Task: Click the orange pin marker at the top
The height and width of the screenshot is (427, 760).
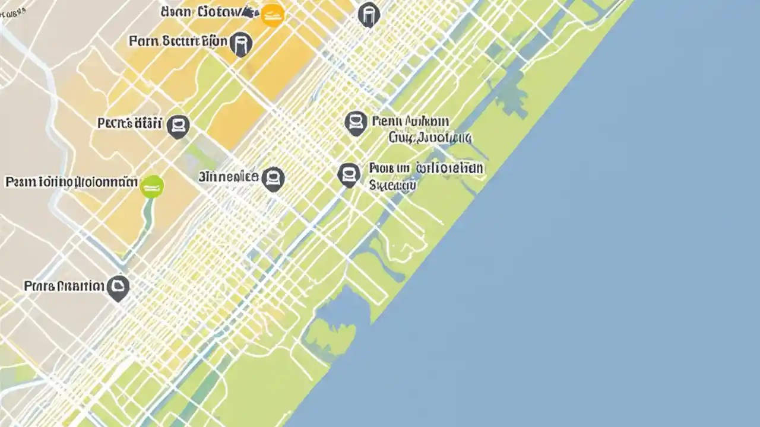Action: [x=273, y=15]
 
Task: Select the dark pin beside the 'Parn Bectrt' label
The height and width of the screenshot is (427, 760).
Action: [x=240, y=44]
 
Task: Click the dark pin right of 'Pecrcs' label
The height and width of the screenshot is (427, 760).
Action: [x=178, y=126]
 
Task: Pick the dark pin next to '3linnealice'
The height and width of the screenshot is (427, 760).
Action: [x=273, y=178]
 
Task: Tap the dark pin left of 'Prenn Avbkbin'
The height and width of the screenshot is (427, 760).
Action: [x=355, y=123]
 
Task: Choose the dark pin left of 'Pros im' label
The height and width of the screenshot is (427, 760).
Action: [x=349, y=174]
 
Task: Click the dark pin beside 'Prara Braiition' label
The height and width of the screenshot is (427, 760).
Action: [x=119, y=288]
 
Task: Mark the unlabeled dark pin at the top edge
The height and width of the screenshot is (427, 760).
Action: [x=369, y=14]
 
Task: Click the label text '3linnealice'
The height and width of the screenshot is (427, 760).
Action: [x=229, y=177]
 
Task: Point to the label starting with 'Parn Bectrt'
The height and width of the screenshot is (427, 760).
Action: [x=178, y=42]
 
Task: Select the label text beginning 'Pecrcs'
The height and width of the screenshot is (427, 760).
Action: [x=129, y=123]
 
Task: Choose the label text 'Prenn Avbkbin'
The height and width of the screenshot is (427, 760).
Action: [x=410, y=122]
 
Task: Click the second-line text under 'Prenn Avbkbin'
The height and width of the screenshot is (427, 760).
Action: [x=430, y=138]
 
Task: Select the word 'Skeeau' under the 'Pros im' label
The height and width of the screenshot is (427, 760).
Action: [x=391, y=185]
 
